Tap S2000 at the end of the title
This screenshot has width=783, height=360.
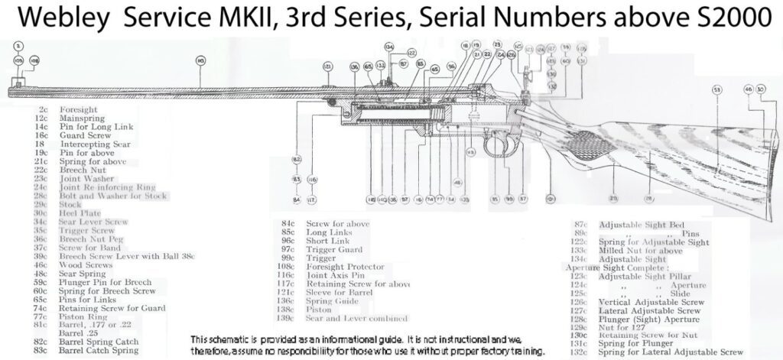click(733, 18)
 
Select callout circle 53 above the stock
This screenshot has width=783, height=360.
click(716, 90)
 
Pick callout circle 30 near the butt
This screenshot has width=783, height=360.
click(761, 90)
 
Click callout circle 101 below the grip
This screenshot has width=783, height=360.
click(549, 199)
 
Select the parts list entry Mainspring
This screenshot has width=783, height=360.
click(82, 118)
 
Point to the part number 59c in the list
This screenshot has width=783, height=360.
click(41, 282)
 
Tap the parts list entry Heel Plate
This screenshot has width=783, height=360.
click(80, 213)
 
